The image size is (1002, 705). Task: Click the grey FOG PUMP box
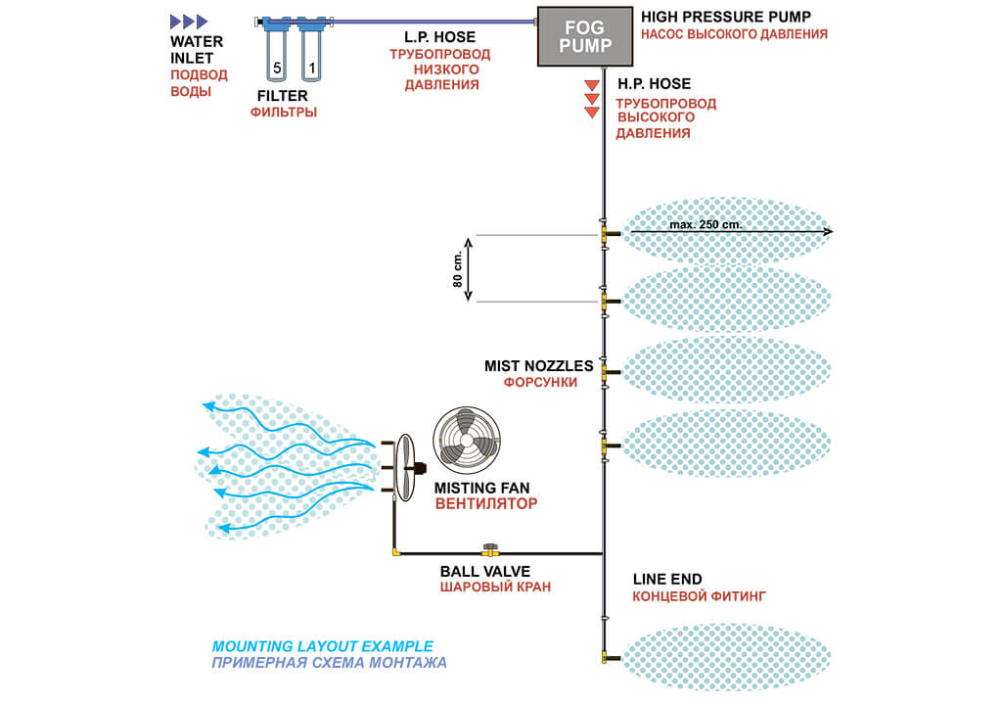point(585,36)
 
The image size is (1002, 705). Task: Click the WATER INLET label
point(197,50)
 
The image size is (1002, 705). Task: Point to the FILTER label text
point(283,96)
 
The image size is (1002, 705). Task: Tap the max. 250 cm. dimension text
point(706,225)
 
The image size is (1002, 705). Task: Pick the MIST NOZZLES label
point(538,365)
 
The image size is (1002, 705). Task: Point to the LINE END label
point(667,579)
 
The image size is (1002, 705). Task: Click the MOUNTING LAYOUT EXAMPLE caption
point(322,646)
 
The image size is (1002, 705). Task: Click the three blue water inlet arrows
point(189,21)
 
